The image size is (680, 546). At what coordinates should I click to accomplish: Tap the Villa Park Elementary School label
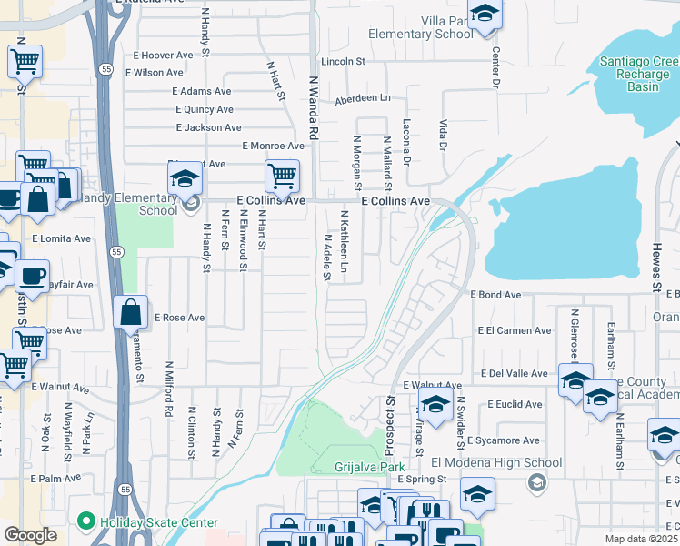pos(421,27)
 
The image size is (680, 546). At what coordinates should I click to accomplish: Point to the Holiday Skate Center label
pos(158,522)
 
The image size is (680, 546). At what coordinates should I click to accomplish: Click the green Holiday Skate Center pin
pos(86,522)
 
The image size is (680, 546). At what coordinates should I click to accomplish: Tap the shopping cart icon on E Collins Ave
pos(282,176)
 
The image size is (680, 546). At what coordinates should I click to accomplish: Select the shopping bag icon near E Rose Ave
pos(131,312)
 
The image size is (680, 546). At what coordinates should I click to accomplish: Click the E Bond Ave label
pos(495,295)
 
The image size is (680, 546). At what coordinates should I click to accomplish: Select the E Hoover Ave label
pos(164,56)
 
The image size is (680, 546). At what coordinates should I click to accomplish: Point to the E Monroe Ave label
pos(273,146)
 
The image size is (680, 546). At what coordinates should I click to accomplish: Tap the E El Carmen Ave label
pos(514,330)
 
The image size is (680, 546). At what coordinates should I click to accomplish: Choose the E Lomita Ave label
pos(61,238)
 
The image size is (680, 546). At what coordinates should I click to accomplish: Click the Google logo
pos(30,535)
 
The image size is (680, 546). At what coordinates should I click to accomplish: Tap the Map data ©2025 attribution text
pos(641,539)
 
